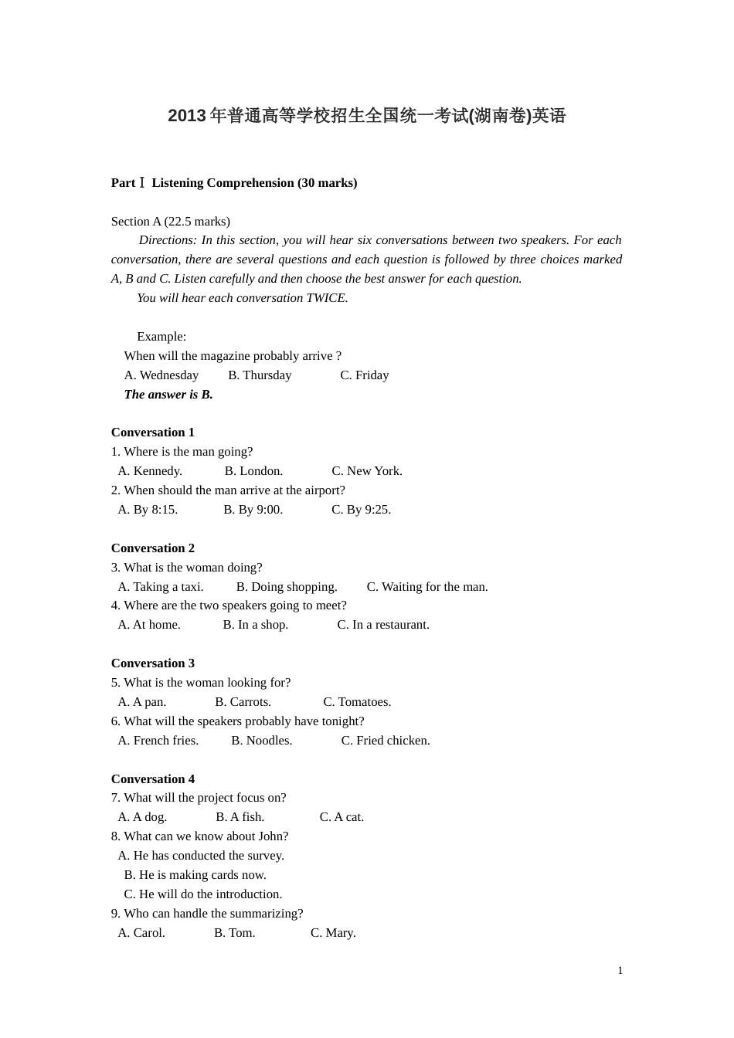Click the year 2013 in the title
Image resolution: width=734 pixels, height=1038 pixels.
(187, 116)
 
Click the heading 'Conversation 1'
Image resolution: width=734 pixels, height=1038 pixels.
(153, 432)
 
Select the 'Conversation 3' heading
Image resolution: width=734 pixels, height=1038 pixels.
(153, 663)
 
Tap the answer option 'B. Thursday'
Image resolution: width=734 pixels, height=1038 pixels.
(260, 375)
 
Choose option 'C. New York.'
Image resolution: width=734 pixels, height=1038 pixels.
(367, 471)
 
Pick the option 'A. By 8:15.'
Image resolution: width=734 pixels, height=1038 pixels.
(148, 510)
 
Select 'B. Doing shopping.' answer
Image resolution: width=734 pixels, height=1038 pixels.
(287, 587)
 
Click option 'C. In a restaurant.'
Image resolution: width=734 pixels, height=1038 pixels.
(383, 625)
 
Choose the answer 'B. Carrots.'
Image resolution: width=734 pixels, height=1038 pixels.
(243, 702)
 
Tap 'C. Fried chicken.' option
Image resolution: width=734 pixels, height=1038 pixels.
(386, 741)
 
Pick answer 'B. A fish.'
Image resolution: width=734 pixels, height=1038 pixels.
(240, 817)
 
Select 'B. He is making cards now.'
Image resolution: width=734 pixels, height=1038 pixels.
(195, 875)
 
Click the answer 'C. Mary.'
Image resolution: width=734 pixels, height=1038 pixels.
(333, 933)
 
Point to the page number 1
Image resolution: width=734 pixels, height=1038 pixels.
(620, 971)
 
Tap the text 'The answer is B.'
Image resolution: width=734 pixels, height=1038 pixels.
(168, 395)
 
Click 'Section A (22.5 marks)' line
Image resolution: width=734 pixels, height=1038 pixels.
(171, 222)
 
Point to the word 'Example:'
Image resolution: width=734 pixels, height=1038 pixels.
(161, 337)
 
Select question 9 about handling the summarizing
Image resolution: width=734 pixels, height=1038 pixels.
(207, 914)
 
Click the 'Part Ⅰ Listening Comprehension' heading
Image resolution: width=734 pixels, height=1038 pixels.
(234, 183)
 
